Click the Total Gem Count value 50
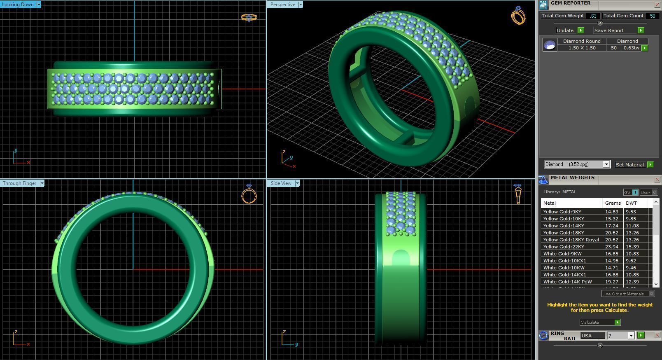point(652,16)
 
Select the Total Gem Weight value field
point(593,16)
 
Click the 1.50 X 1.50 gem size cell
point(582,48)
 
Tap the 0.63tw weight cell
point(631,48)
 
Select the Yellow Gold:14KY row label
point(564,226)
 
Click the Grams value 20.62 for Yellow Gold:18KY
point(611,233)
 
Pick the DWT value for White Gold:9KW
point(632,254)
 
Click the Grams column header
point(613,203)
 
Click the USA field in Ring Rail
point(592,336)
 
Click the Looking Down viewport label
point(18,5)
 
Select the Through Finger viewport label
point(19,183)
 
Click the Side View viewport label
point(281,183)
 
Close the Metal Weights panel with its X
point(657,179)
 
